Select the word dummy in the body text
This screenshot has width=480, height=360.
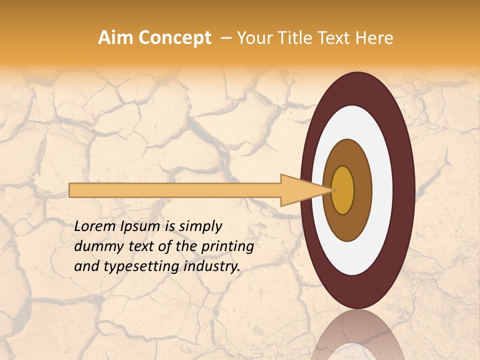pyautogui.click(x=94, y=246)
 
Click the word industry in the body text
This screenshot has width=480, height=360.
pyautogui.click(x=210, y=266)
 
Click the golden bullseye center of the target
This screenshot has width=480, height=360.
pyautogui.click(x=343, y=190)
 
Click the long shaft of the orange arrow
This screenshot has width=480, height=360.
pyautogui.click(x=175, y=190)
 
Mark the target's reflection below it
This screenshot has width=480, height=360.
pyautogui.click(x=358, y=337)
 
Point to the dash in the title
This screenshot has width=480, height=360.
pyautogui.click(x=225, y=38)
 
